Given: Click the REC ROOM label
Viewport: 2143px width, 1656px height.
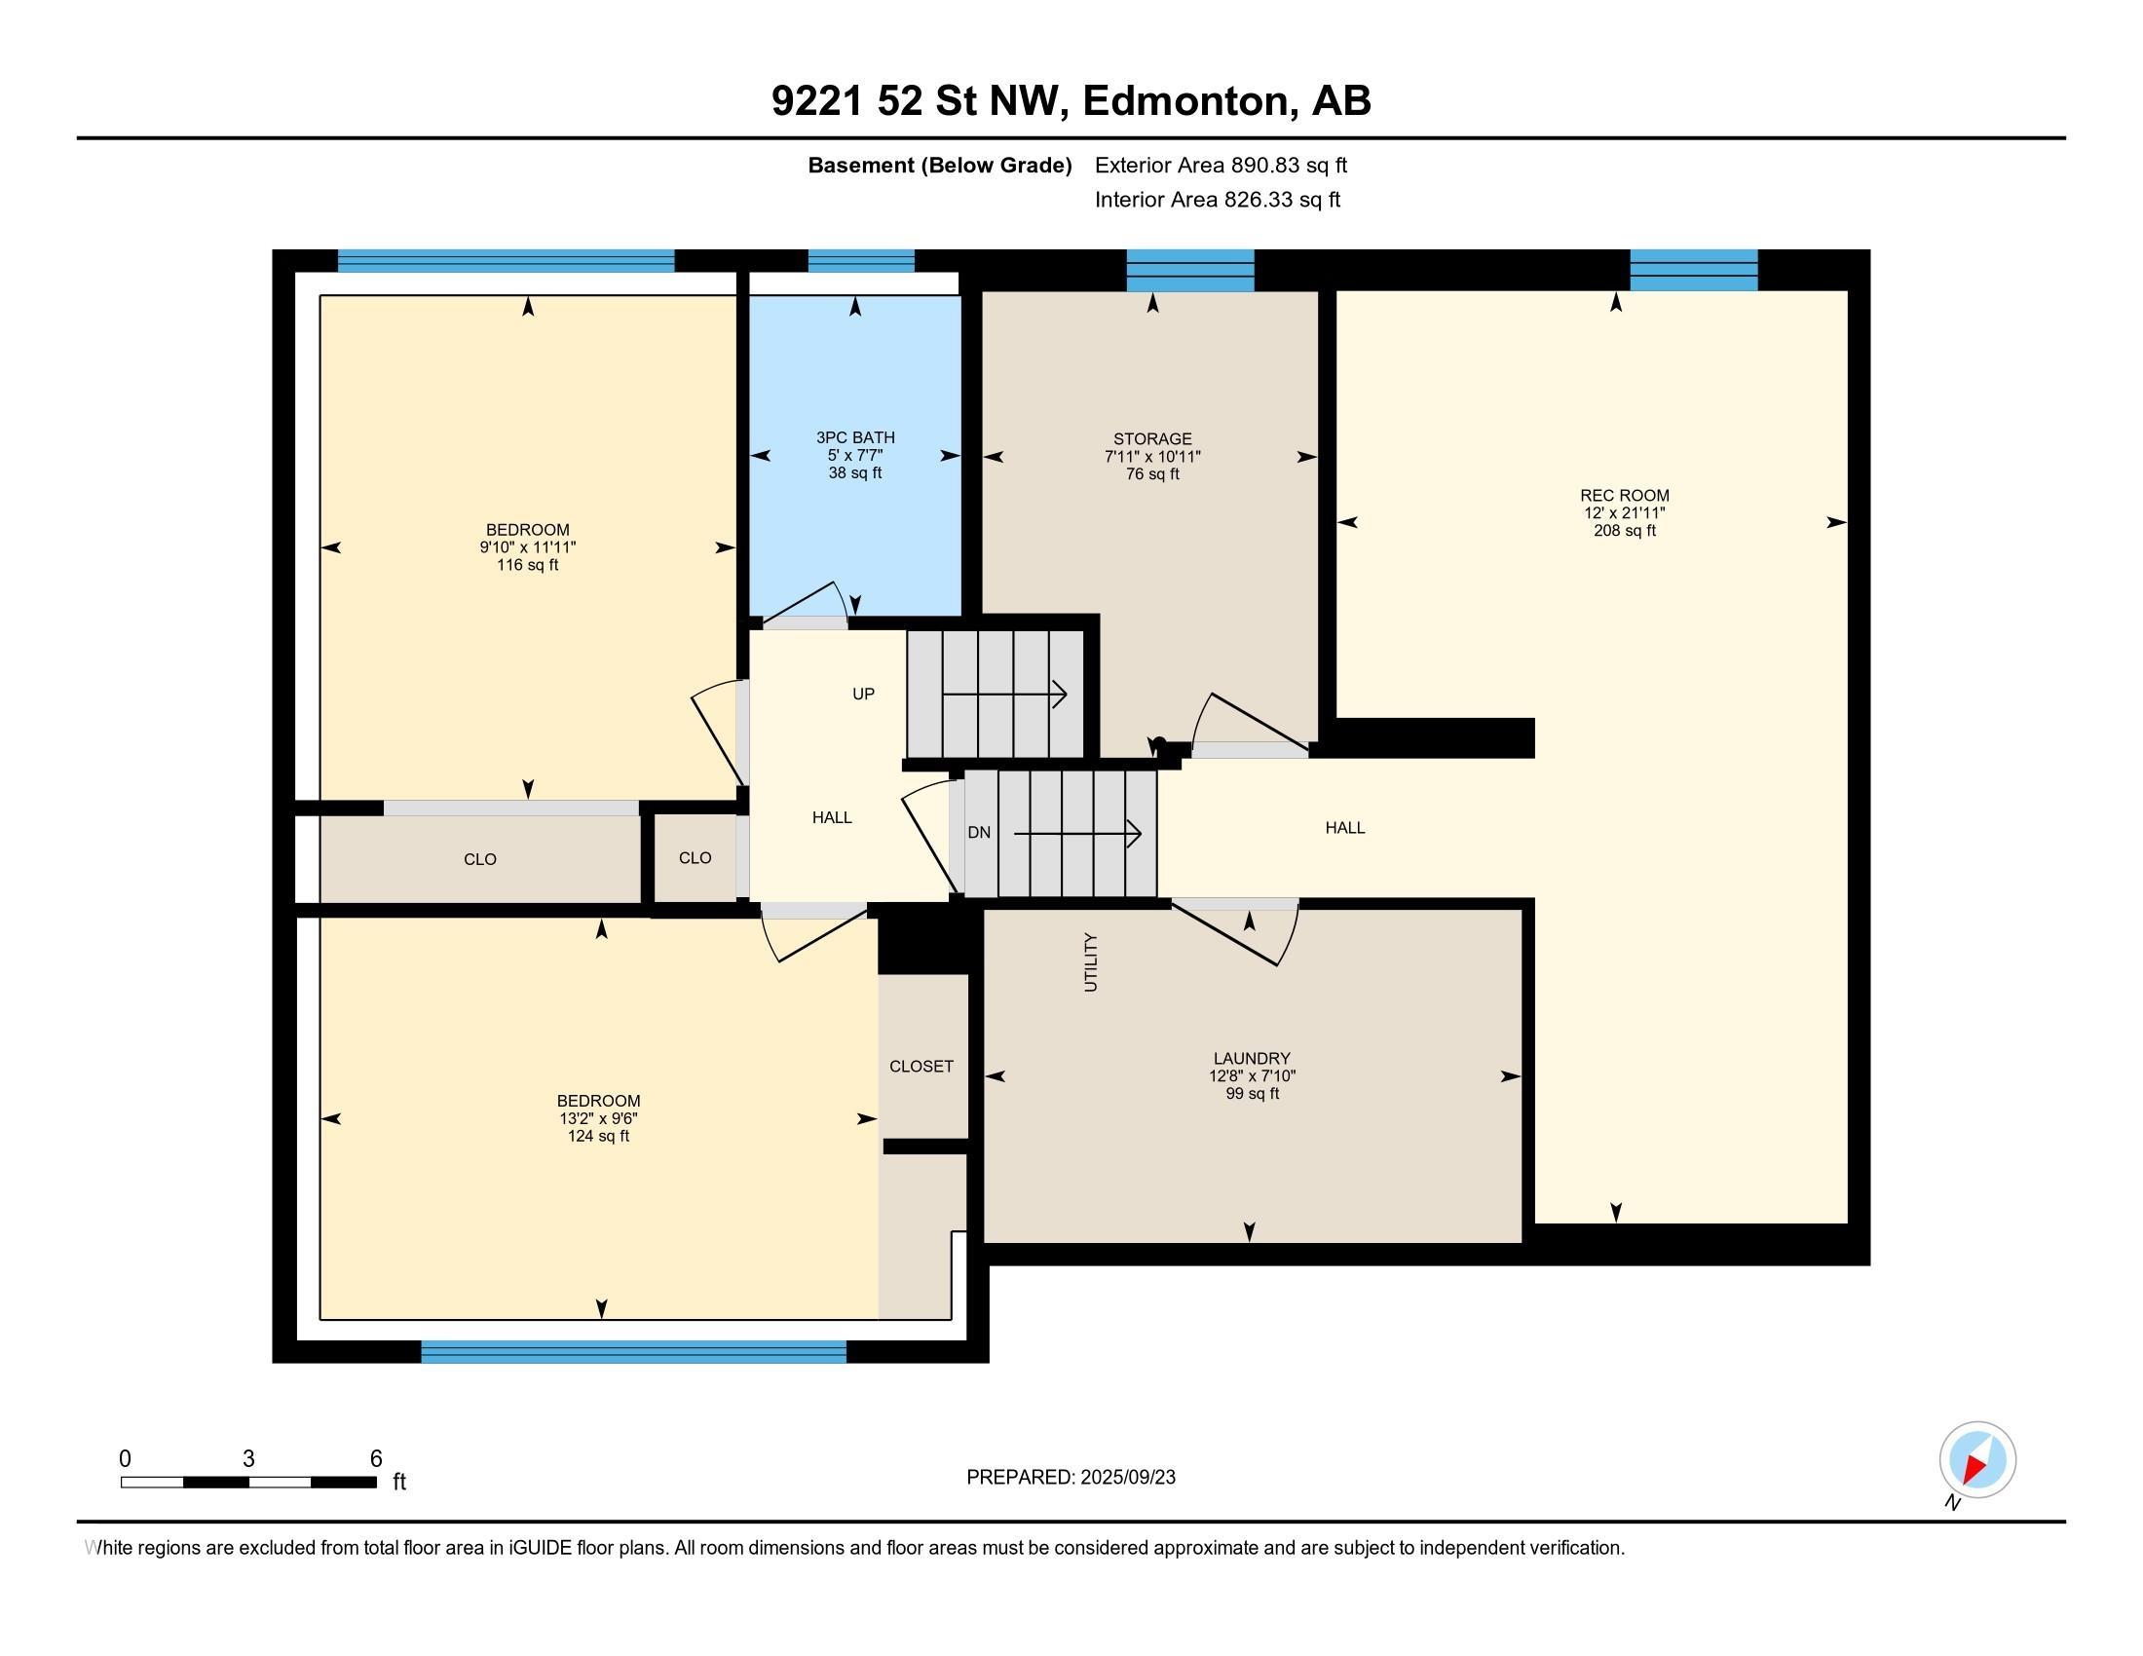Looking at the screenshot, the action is tap(1624, 496).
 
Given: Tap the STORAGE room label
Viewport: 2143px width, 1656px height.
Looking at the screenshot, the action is tap(1152, 438).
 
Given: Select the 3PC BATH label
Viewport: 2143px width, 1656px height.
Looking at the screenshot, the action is tap(854, 437).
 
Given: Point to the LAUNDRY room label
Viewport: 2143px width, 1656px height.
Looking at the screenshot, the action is tap(1251, 1059).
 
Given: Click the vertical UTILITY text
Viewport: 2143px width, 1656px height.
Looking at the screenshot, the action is tap(1090, 962).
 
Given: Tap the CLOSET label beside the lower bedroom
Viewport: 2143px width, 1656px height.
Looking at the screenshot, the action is tap(921, 1067).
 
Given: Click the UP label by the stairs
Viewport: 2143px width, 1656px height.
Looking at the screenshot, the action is tap(863, 694).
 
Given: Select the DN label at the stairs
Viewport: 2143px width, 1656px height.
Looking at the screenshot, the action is tap(979, 833).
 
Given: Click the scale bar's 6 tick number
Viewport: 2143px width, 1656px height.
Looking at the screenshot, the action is tap(376, 1459).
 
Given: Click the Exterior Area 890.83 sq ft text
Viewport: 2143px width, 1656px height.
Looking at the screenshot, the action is tap(1221, 166).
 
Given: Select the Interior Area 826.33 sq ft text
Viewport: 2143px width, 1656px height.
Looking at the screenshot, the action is tap(1218, 200).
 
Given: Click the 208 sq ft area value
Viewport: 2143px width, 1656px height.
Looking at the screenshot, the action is tap(1624, 531).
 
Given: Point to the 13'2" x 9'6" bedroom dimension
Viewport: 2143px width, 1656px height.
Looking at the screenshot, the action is tap(598, 1118).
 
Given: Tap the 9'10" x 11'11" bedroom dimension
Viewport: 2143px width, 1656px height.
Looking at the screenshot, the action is tap(528, 547).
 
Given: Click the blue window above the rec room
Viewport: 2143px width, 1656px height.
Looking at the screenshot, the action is tap(1694, 270).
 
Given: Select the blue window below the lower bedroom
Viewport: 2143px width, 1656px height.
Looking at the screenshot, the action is tap(634, 1352).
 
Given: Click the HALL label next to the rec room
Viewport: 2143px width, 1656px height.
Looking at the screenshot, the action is tap(1345, 828).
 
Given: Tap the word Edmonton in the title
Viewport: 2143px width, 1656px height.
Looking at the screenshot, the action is tap(1185, 101).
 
